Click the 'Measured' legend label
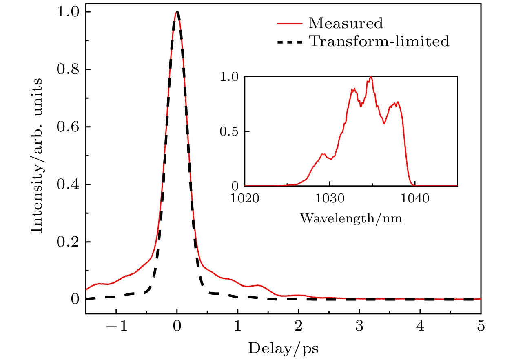point(346,24)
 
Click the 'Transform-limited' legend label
point(379,41)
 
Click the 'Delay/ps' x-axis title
point(284,349)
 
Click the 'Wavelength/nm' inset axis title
point(351,218)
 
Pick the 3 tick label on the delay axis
point(359,327)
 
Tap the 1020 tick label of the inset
point(245,199)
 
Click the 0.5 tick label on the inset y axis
point(231,132)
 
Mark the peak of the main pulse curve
point(177,12)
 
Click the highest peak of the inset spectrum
point(371,77)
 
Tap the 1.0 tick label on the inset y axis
point(231,77)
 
